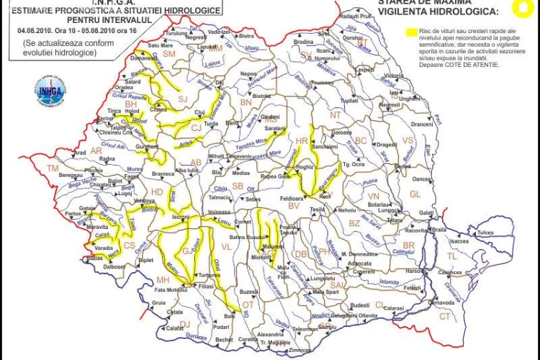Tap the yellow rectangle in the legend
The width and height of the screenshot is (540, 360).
coord(413,32)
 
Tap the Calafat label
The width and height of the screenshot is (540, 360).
coord(176,328)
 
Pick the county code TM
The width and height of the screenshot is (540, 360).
coord(52,168)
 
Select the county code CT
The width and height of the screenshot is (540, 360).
coord(445,316)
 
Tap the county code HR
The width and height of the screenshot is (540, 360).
coord(302,141)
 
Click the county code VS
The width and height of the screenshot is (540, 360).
coord(408,140)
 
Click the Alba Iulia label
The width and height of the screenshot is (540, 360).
coord(187,170)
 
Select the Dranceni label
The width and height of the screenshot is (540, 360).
coord(422,124)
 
